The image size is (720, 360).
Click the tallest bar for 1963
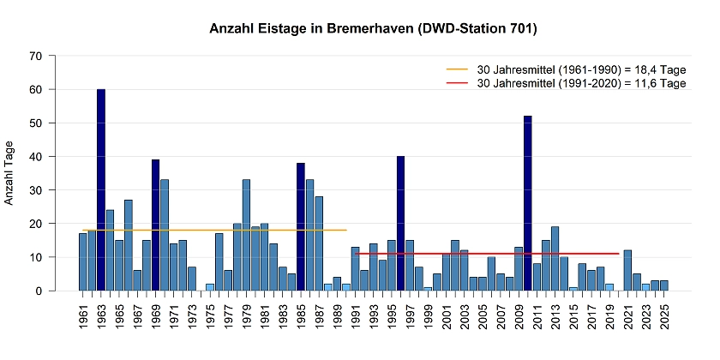tap(101, 189)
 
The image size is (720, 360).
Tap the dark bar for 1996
tap(400, 223)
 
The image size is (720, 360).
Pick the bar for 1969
tap(156, 225)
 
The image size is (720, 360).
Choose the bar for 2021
tap(628, 270)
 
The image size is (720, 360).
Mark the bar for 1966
tap(129, 245)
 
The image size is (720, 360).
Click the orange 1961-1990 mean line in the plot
tap(214, 230)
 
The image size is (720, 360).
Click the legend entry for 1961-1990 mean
tap(566, 69)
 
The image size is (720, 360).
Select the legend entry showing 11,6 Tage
tap(566, 83)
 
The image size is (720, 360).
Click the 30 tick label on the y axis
tap(36, 190)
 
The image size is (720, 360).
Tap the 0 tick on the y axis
tap(39, 291)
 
